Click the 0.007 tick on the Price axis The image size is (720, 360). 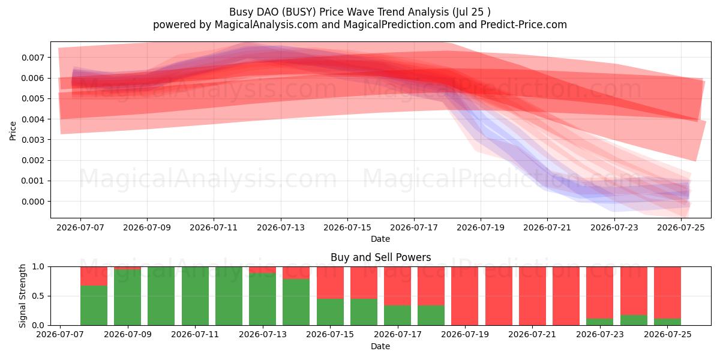[33, 58]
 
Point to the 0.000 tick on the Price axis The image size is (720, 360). [33, 202]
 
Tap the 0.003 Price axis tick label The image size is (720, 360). [33, 140]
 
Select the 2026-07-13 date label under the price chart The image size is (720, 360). [281, 227]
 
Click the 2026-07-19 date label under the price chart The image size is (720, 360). [481, 227]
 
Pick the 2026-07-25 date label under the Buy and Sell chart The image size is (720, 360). [668, 334]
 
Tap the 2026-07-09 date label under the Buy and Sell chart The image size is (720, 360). [128, 334]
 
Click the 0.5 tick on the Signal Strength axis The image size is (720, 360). [38, 296]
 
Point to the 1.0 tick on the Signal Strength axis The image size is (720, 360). [38, 266]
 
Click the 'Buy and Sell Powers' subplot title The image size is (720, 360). [380, 257]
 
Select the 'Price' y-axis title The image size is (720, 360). [13, 131]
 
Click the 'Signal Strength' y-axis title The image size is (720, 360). [22, 296]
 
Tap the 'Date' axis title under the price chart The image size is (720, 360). [380, 239]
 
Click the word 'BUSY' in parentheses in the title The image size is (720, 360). [299, 12]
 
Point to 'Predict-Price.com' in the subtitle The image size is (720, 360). [524, 25]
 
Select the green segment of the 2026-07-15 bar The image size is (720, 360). [330, 312]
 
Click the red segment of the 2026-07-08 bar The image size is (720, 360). [94, 276]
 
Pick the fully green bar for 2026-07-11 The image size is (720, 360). [195, 296]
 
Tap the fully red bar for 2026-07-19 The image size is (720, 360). [464, 296]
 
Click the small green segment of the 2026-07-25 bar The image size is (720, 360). [667, 322]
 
